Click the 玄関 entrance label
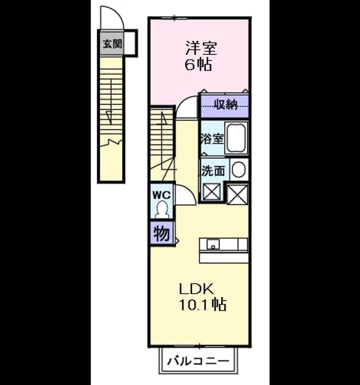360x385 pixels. tap(112, 45)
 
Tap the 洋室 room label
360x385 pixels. tap(201, 48)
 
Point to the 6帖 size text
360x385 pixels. tap(198, 65)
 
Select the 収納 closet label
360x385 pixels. tap(226, 105)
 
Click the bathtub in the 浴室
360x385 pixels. tap(236, 137)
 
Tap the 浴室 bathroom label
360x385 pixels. tap(212, 139)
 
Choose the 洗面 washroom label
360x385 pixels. tap(213, 170)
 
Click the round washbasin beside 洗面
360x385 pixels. tap(238, 170)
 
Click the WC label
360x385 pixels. tap(161, 195)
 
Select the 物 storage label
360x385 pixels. tap(162, 233)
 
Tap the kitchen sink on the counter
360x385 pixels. tap(213, 244)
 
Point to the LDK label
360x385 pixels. tap(196, 289)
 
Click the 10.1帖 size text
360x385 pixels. tap(203, 305)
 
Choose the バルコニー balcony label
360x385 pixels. tap(198, 361)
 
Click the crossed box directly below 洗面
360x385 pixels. tap(212, 192)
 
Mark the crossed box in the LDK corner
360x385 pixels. tap(238, 194)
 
